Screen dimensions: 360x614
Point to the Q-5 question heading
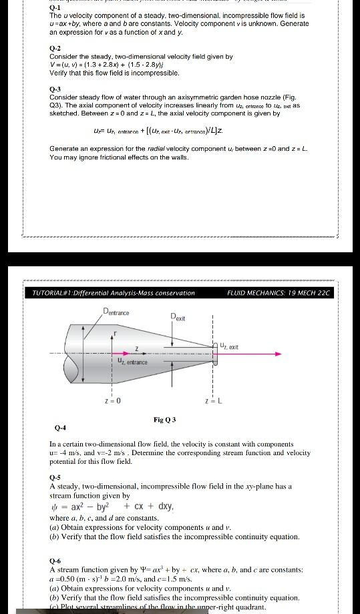56,478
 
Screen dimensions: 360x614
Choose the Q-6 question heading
56,562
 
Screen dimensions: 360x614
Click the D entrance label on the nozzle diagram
116,312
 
